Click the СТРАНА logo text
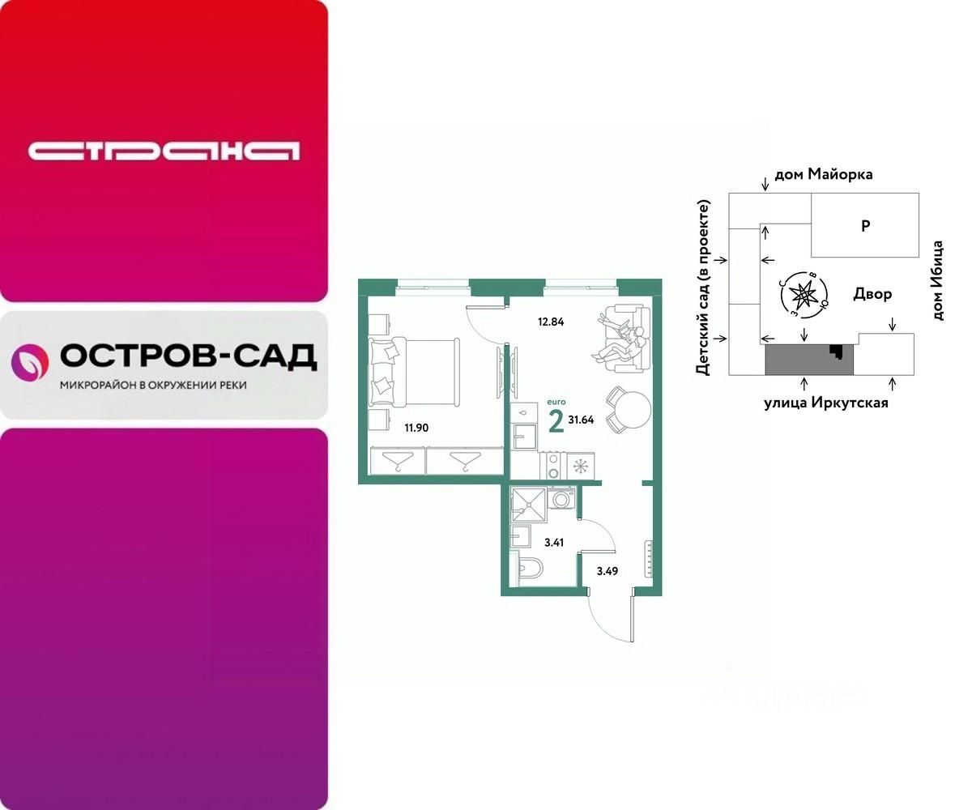pos(164,151)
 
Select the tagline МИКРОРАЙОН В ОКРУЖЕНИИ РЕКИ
pos(153,385)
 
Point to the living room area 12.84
pos(550,321)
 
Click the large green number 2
pos(556,422)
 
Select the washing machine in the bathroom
pos(561,498)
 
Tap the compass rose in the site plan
pos(803,296)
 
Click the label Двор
pos(872,294)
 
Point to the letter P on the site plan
pos(865,227)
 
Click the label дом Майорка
pos(824,174)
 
